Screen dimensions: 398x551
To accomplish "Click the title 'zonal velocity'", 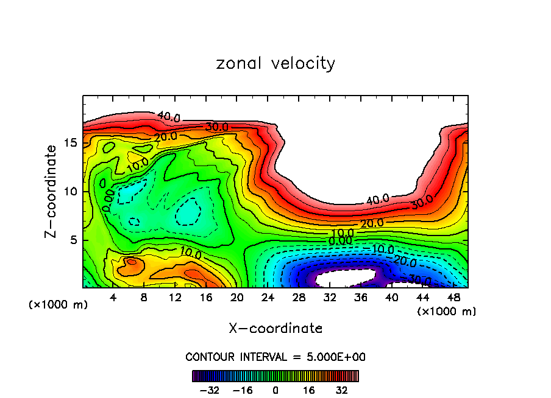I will [x=275, y=63].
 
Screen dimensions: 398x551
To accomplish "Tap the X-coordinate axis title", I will [x=275, y=329].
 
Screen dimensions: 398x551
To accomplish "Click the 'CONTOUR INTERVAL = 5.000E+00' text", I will [x=275, y=357].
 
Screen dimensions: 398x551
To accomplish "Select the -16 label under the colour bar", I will [x=243, y=389].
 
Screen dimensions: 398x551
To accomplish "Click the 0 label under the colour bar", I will [x=275, y=389].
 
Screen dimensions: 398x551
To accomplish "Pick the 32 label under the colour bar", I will [x=341, y=389].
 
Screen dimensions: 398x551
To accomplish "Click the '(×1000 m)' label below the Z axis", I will [x=59, y=305].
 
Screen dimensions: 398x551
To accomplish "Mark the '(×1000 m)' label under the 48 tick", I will [x=447, y=312].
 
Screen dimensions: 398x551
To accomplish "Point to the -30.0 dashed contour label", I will [x=419, y=279].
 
